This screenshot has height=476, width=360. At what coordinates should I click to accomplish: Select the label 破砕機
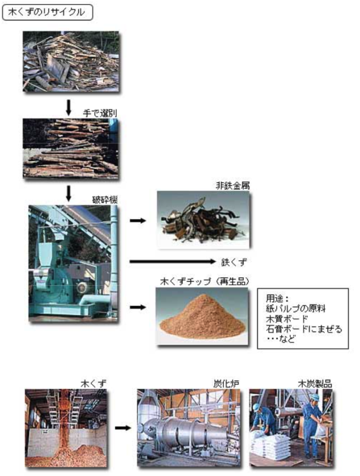point(105,200)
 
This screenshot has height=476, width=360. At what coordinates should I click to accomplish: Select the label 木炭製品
point(315,384)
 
